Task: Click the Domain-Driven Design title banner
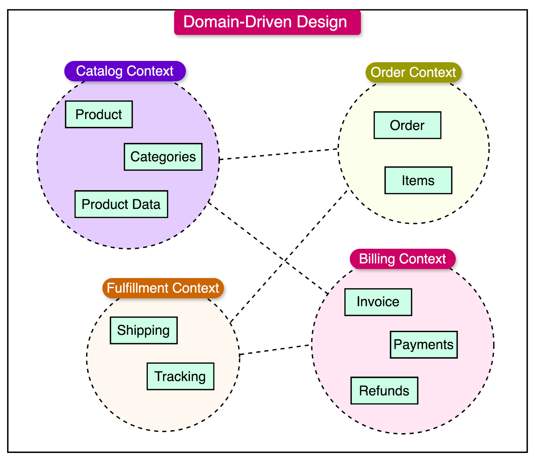pos(267,22)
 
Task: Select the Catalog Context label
pos(125,71)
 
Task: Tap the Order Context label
pos(413,72)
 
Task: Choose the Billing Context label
pos(402,259)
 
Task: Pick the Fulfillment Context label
pos(163,288)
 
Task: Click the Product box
pos(99,114)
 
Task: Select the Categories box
pos(163,157)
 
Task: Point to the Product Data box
pos(121,204)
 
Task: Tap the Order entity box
pos(407,125)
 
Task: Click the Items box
pos(418,180)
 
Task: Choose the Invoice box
pos(378,302)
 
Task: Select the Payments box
pos(424,345)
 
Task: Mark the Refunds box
pos(384,391)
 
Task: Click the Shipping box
pos(144,330)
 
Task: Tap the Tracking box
pos(180,376)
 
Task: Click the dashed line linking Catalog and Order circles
pos(279,154)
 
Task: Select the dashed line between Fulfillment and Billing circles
pos(276,349)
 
